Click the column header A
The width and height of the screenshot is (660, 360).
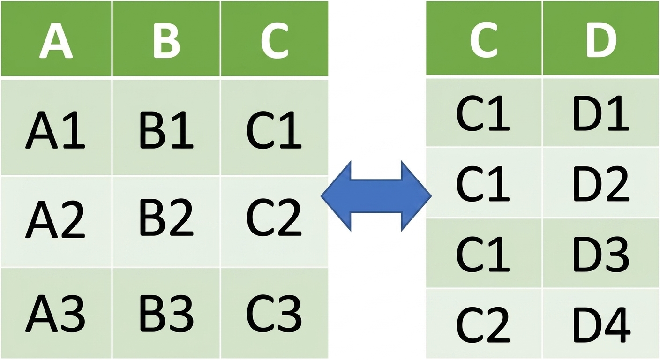pos(56,38)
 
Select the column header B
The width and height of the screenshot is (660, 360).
pos(166,38)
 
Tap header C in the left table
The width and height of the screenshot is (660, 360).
pos(275,38)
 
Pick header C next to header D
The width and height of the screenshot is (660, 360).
pos(484,38)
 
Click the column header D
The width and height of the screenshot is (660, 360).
pos(601,38)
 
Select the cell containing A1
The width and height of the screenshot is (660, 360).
pos(56,127)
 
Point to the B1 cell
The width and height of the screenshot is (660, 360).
pos(166,127)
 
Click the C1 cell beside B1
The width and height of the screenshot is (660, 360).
pos(275,127)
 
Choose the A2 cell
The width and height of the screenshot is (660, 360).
pos(56,222)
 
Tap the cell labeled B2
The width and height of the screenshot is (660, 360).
pos(166,222)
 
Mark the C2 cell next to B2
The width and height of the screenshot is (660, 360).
pos(275,222)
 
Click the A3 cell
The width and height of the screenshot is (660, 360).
pos(56,313)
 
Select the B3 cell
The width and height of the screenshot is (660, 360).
pos(166,313)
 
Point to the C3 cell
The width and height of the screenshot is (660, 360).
pos(275,313)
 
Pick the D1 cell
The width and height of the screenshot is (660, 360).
pos(601,112)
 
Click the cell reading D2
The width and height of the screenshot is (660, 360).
pos(601,183)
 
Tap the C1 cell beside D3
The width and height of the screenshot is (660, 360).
pos(484,253)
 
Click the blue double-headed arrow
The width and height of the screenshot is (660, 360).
pos(376,196)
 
